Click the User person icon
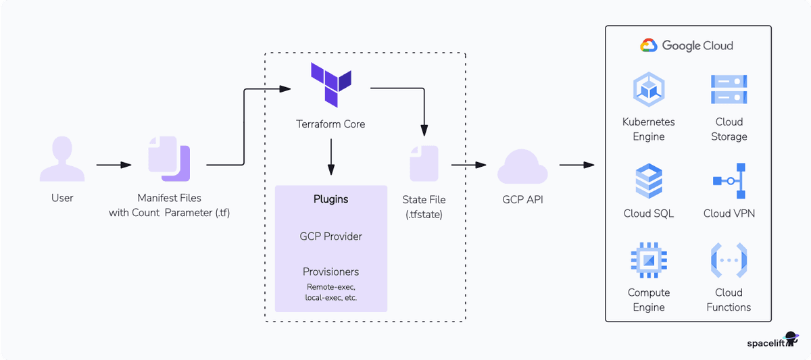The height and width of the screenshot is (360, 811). [62, 159]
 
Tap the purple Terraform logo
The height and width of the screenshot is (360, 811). [330, 84]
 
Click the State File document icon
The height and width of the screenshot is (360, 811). [424, 163]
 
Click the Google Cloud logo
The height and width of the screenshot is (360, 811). [687, 46]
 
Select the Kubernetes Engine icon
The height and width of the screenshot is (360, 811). [649, 91]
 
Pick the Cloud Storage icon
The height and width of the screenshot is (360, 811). [729, 91]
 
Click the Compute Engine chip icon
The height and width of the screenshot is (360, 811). [649, 261]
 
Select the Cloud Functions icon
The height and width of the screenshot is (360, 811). [729, 261]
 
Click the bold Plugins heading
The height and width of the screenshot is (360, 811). [330, 199]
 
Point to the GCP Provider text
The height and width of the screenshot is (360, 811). [330, 236]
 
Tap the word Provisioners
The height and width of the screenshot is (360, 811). [330, 272]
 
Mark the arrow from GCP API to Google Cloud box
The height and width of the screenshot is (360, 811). [576, 165]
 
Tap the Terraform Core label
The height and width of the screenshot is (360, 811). [330, 124]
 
